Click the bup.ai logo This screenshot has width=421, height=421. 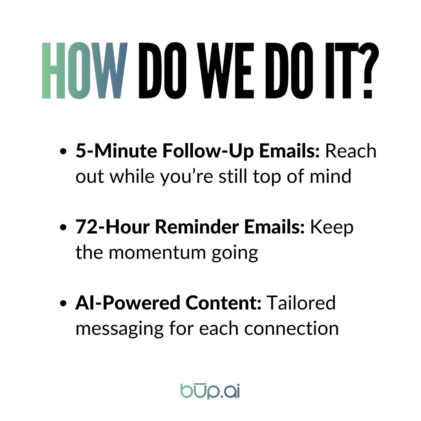pos(210,391)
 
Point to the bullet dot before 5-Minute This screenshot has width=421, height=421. pos(64,153)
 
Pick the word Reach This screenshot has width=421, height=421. pos(351,152)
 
